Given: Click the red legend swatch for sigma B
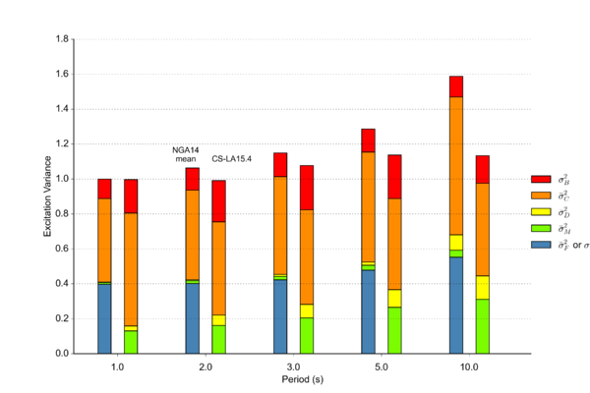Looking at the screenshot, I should pyautogui.click(x=540, y=180).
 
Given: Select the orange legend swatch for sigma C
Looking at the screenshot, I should pyautogui.click(x=540, y=196).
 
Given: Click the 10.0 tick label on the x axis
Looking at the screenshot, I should pyautogui.click(x=469, y=366).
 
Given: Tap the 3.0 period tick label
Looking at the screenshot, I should pyautogui.click(x=293, y=366).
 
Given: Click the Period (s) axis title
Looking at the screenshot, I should pyautogui.click(x=293, y=378).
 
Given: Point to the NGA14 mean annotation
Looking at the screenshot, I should pyautogui.click(x=186, y=153).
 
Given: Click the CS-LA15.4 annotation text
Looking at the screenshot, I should pyautogui.click(x=232, y=158).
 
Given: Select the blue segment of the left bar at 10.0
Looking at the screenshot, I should pyautogui.click(x=456, y=305).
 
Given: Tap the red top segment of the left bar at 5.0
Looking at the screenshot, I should pyautogui.click(x=369, y=140).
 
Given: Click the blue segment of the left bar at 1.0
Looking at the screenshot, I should pyautogui.click(x=104, y=318).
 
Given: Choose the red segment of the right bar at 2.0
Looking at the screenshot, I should pyautogui.click(x=218, y=201).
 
